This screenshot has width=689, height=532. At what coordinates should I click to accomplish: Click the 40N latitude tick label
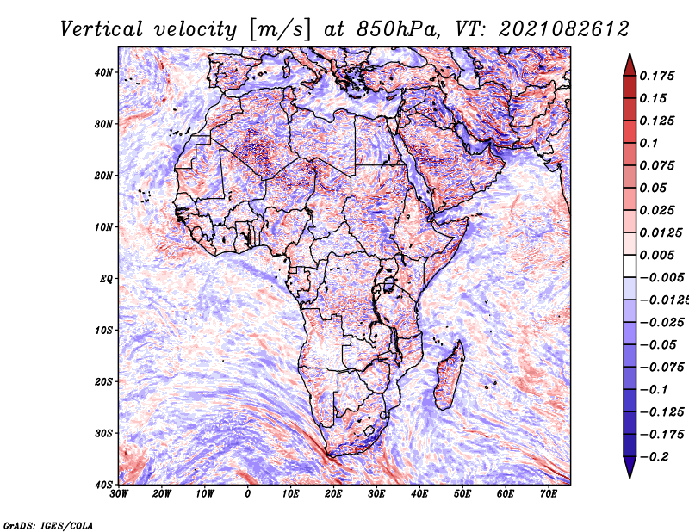(103, 72)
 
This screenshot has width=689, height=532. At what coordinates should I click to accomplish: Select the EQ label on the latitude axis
(106, 279)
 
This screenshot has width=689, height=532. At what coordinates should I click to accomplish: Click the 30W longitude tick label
(119, 494)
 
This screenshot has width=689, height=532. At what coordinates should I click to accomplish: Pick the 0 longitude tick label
(248, 494)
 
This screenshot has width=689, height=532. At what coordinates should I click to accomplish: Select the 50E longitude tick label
(462, 494)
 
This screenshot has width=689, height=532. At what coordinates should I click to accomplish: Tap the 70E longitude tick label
(549, 494)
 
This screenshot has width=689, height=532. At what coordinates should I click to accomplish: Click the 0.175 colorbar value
(656, 76)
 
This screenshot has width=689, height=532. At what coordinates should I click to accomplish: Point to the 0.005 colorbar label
(656, 255)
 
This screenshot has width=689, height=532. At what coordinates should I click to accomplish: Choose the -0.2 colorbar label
(654, 457)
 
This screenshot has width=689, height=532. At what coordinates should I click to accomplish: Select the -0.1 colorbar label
(654, 390)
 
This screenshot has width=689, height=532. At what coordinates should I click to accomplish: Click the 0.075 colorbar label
(656, 165)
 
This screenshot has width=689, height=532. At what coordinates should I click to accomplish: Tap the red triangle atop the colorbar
(630, 66)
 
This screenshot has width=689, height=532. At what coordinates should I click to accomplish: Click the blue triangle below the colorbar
(630, 467)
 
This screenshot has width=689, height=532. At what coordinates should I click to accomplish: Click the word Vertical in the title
(102, 29)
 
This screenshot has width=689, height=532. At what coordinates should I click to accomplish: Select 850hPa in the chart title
(397, 29)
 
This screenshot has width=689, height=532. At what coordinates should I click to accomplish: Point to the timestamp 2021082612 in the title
(564, 29)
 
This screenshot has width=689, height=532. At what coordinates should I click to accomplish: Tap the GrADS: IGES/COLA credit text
(48, 525)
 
